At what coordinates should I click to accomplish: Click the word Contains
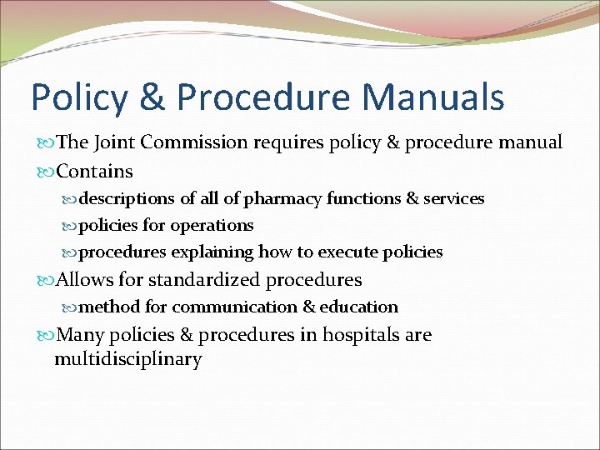[94, 172]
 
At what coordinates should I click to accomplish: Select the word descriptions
[127, 199]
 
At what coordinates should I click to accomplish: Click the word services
[455, 199]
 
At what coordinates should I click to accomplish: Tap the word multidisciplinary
[128, 360]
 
